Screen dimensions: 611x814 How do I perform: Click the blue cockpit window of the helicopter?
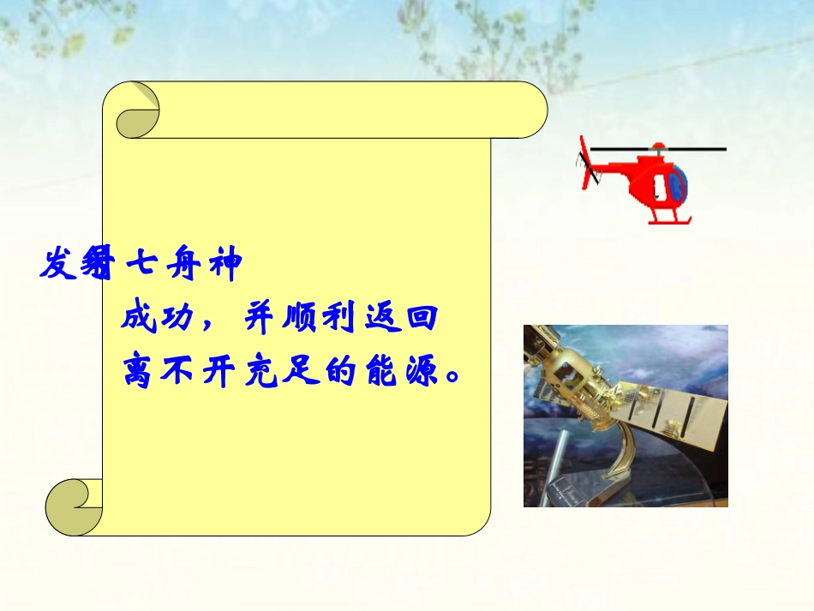point(677,183)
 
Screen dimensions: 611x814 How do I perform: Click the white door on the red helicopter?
point(657,187)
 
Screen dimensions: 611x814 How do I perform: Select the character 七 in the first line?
point(140,265)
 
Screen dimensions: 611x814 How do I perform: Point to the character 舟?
point(183,265)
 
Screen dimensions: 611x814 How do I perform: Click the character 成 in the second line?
point(140,320)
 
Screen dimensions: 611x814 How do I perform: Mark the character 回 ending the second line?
point(420,320)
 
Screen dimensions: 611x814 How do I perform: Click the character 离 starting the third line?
point(140,371)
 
